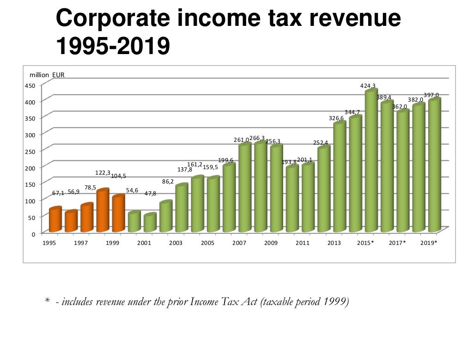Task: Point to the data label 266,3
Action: (x=257, y=138)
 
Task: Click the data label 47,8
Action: (x=150, y=194)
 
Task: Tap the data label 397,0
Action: (x=431, y=95)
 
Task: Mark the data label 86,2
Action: (x=168, y=182)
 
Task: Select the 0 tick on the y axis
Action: (x=33, y=234)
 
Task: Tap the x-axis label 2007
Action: (x=239, y=243)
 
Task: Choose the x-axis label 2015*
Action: (x=365, y=243)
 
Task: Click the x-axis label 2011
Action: (x=302, y=243)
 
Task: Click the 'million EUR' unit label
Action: (x=47, y=75)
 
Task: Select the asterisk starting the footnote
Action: (x=47, y=301)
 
